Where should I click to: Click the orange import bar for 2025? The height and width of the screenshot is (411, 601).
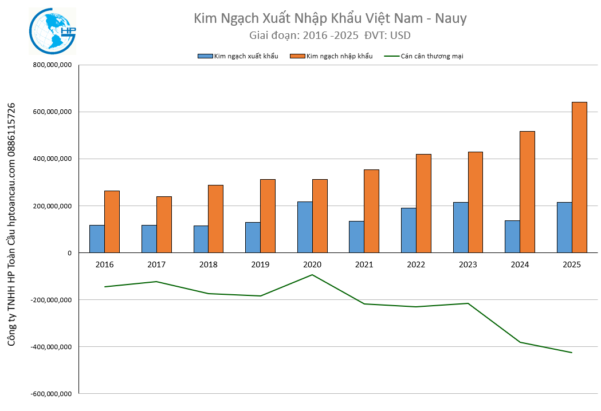click(579, 177)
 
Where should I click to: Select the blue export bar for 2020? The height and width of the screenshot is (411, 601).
click(305, 227)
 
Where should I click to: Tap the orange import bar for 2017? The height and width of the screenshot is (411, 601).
click(164, 224)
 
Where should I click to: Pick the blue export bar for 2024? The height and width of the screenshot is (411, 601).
click(512, 236)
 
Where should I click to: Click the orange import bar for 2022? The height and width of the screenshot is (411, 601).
click(423, 203)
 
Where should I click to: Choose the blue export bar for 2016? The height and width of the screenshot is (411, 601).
click(97, 239)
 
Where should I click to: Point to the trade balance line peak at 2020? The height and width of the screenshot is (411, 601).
click(312, 275)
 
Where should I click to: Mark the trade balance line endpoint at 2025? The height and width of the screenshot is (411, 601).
click(572, 353)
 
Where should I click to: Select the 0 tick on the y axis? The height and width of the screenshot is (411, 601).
click(69, 252)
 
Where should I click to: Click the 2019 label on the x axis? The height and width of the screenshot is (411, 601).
click(260, 264)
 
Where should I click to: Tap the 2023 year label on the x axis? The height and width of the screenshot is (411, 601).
click(468, 264)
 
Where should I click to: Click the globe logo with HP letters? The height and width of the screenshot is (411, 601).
click(53, 31)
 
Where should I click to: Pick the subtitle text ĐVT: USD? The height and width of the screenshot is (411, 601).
click(387, 35)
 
